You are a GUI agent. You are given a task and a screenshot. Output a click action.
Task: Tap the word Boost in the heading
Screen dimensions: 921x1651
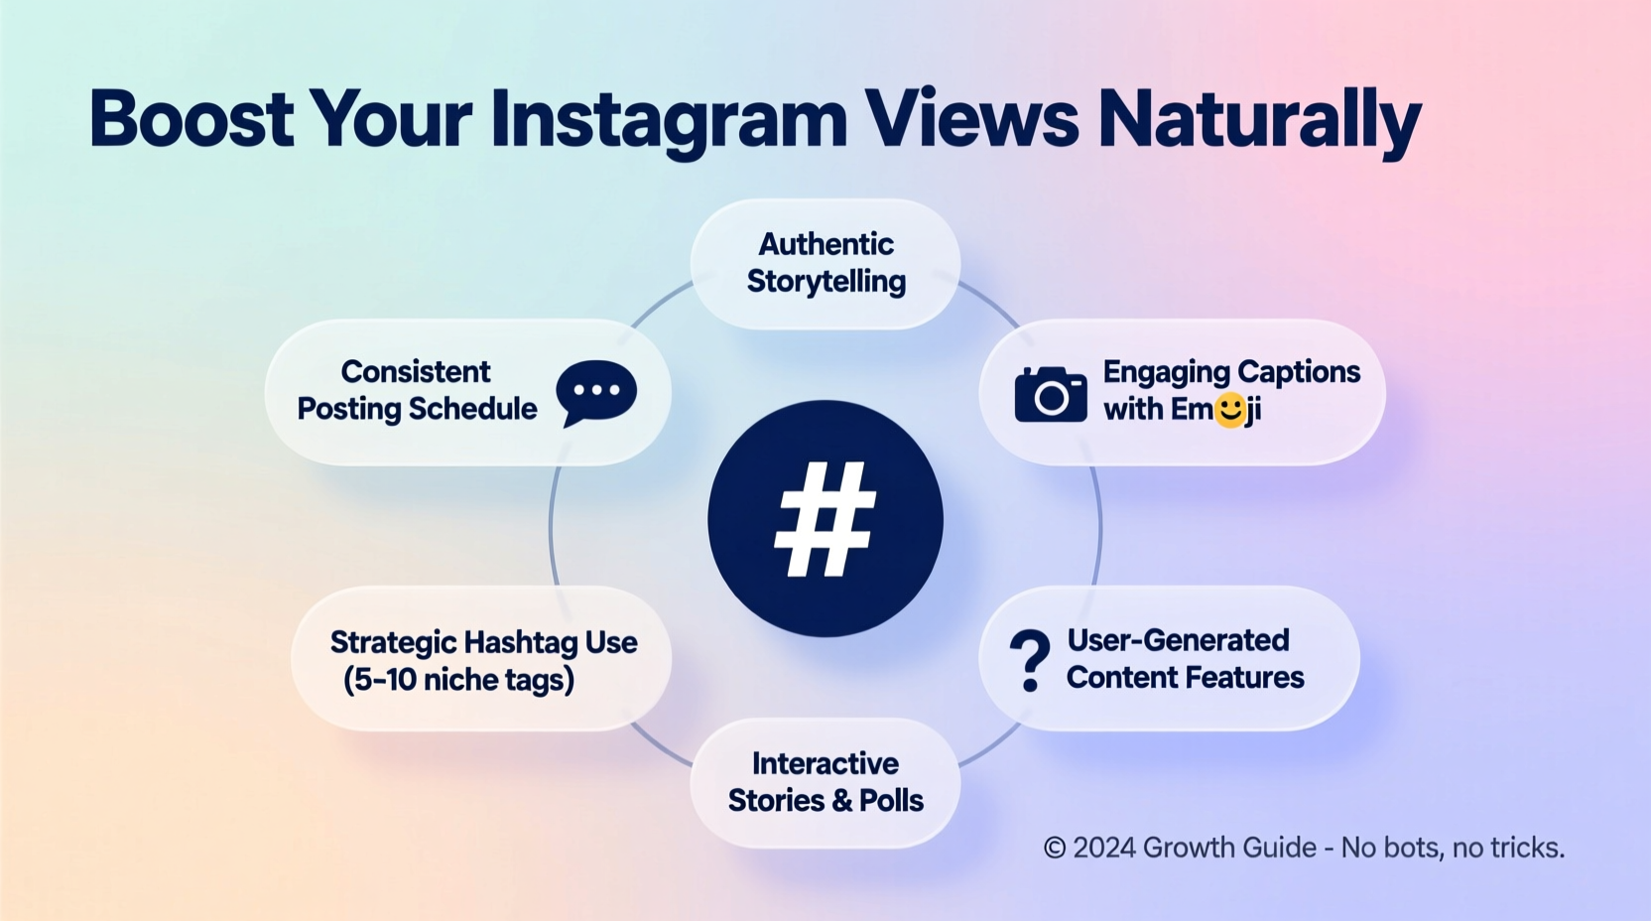190,119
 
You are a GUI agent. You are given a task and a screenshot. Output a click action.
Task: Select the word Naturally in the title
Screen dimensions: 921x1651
1259,121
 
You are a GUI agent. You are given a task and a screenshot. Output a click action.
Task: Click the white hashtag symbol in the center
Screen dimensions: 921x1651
825,518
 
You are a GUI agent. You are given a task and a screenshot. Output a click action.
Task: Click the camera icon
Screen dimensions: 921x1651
1051,394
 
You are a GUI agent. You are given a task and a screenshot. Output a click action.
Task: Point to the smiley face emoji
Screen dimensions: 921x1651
1230,410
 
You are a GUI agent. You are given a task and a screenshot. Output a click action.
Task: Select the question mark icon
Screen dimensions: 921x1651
1030,659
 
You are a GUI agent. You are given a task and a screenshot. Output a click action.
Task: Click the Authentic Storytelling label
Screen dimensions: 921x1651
825,263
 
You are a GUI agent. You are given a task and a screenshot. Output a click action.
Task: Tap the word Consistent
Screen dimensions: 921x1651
416,371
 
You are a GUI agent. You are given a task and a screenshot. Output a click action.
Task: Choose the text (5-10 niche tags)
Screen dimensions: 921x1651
458,680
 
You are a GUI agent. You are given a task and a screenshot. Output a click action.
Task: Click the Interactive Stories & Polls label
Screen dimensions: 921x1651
825,782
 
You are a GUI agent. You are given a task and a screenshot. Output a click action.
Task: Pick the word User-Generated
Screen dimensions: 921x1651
1178,640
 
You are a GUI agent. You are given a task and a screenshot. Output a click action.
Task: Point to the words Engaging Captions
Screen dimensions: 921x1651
1231,371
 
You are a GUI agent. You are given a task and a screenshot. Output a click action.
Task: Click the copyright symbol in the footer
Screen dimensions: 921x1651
1055,848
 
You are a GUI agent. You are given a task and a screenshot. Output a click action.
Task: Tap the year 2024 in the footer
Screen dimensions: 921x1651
1104,848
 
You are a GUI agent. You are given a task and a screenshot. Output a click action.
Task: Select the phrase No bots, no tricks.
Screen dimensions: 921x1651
1453,848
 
